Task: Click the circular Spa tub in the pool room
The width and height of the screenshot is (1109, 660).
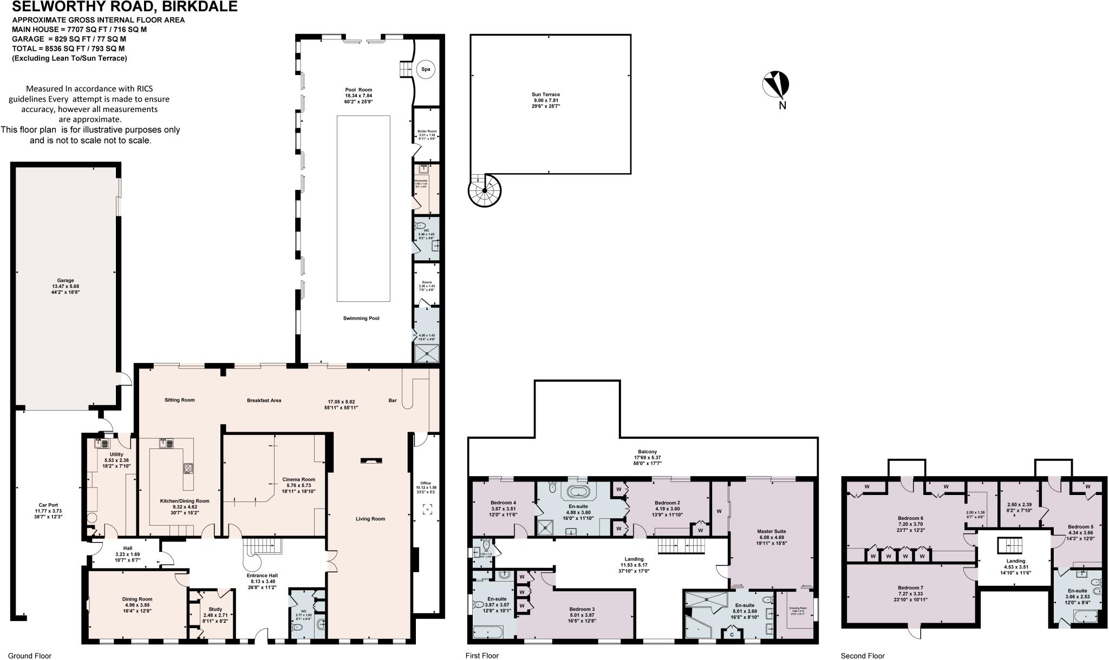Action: (x=426, y=69)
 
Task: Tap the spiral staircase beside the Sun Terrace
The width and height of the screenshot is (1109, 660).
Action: (x=485, y=190)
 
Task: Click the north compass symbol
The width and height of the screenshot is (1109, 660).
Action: (x=776, y=85)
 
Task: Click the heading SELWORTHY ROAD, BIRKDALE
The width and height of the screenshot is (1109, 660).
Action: (x=124, y=6)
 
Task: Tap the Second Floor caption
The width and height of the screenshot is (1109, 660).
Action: (x=863, y=656)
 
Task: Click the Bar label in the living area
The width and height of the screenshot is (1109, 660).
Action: (x=393, y=401)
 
